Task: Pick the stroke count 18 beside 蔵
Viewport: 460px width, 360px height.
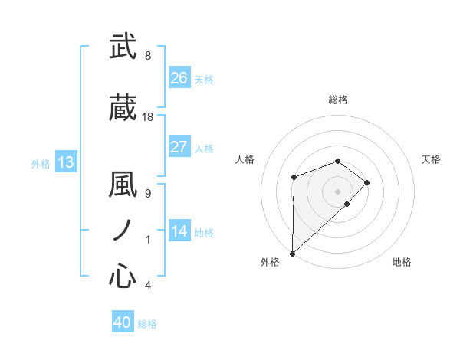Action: coord(148,117)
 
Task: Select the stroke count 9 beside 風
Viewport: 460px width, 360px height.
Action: coord(148,194)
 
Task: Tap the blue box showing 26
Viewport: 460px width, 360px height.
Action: coord(179,78)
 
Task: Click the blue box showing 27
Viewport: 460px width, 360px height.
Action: coord(179,147)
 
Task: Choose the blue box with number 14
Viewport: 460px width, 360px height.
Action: coord(179,231)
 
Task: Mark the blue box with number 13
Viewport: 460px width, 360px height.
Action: coord(66,162)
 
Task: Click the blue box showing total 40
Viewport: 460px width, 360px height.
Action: coord(123,323)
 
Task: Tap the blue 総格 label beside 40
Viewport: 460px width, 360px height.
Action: coord(147,324)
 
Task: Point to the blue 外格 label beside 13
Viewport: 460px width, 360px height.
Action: coord(41,163)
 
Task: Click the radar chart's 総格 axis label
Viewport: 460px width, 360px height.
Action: coord(337,100)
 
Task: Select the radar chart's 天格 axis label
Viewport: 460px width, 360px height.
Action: coord(432,159)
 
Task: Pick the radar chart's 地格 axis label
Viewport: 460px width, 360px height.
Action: coord(402,263)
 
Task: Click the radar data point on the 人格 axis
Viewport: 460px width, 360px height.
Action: coord(294,178)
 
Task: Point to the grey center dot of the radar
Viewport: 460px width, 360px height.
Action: coord(337,190)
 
